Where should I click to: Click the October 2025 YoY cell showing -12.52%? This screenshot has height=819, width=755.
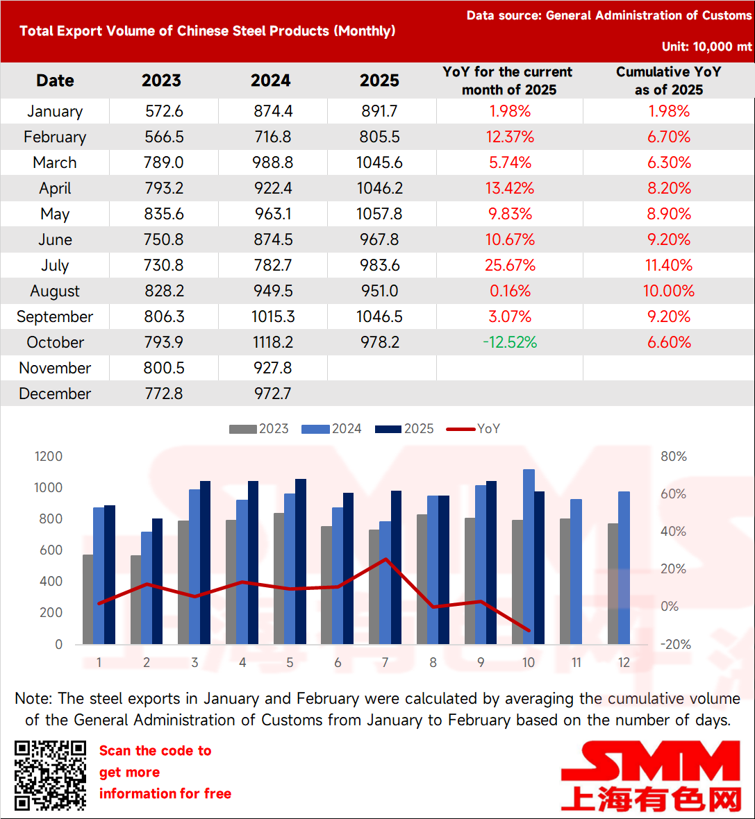click(x=510, y=342)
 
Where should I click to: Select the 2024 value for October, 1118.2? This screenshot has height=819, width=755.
click(x=273, y=342)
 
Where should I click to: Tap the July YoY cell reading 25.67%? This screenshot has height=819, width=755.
click(x=510, y=265)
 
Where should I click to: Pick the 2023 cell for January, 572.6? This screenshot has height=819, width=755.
click(x=164, y=111)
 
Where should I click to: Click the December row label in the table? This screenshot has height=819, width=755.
click(x=55, y=394)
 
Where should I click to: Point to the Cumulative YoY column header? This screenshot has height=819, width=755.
click(x=668, y=81)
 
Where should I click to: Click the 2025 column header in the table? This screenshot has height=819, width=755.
click(x=379, y=81)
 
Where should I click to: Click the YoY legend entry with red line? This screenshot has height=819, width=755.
click(x=473, y=429)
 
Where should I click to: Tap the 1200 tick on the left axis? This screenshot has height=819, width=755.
click(x=49, y=456)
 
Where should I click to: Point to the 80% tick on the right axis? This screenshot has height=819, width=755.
click(x=673, y=456)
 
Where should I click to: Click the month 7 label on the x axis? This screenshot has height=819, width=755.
click(x=385, y=663)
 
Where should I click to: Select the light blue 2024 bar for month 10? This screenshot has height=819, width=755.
click(x=529, y=557)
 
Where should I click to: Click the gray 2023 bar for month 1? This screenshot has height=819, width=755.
click(x=88, y=599)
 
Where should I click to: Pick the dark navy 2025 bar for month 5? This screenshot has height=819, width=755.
click(x=301, y=562)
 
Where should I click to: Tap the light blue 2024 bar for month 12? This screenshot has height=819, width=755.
click(x=624, y=568)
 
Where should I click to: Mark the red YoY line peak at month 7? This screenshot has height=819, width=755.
click(x=385, y=559)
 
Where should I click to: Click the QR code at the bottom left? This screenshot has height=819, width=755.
click(x=50, y=775)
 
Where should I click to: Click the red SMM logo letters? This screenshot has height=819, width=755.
click(x=651, y=762)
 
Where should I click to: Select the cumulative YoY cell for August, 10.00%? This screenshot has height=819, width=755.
click(x=668, y=291)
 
